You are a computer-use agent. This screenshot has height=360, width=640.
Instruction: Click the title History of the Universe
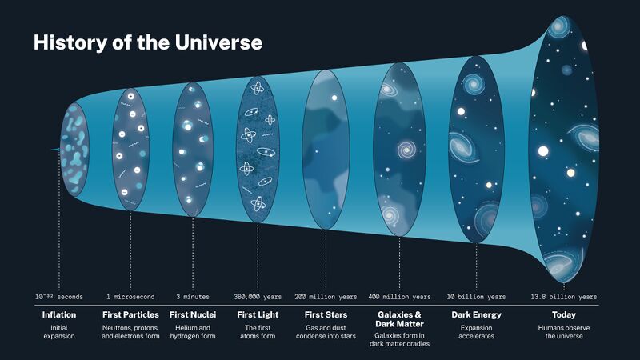coord(147,43)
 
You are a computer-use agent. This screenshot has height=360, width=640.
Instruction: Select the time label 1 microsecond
coord(130,297)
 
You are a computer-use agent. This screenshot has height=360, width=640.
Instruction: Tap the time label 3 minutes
coord(193,297)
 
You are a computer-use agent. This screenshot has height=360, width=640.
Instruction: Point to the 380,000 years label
coord(258,297)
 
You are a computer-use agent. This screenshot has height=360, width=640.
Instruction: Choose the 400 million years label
coord(398,297)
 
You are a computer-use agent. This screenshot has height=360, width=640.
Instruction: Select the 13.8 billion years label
coord(563,297)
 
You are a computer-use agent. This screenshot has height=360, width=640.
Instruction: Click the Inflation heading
coord(59,314)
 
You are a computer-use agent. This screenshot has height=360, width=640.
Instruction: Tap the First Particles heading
coord(130,314)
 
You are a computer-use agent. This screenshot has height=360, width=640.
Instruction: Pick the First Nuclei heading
coord(193,314)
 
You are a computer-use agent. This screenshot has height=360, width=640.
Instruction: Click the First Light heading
coord(258,314)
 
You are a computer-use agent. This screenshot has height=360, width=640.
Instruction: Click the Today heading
coord(563,314)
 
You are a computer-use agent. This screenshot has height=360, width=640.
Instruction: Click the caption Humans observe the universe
coord(563,332)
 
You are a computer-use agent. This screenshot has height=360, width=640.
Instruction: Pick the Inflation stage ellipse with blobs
coord(75,150)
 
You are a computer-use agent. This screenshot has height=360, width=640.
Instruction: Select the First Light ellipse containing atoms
coord(258,150)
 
